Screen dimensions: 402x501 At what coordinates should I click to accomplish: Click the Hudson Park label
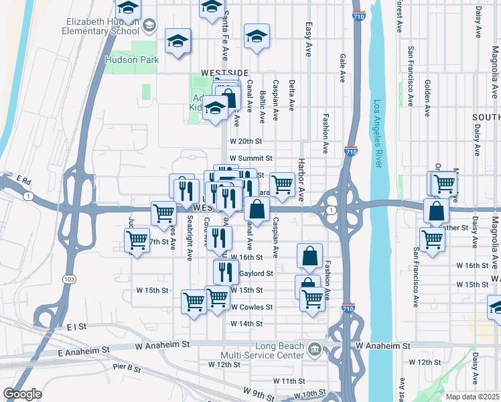click(132, 60)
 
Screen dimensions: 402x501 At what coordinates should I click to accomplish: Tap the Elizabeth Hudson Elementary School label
click(102, 26)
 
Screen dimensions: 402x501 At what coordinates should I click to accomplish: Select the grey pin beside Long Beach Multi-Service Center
click(313, 349)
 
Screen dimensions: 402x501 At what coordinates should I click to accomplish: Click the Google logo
click(22, 394)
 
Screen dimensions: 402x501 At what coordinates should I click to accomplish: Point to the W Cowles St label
click(251, 307)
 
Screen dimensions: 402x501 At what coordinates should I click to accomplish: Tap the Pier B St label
click(127, 367)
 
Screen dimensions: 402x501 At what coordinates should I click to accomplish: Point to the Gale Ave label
click(342, 68)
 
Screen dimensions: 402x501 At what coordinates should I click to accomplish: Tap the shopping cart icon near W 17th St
click(137, 239)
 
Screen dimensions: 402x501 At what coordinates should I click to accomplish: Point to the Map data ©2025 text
click(472, 397)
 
